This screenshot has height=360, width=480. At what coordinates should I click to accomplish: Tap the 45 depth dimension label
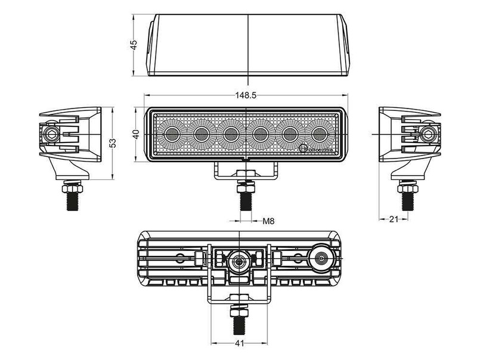pyautogui.click(x=134, y=44)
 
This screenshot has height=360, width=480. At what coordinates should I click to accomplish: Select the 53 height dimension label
pyautogui.click(x=113, y=142)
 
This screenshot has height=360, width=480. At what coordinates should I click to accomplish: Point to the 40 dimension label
pyautogui.click(x=137, y=134)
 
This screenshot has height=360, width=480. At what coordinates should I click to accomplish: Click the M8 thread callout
pyautogui.click(x=269, y=222)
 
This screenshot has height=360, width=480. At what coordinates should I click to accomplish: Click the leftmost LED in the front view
pyautogui.click(x=171, y=134)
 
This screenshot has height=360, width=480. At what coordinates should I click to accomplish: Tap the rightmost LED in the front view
pyautogui.click(x=320, y=134)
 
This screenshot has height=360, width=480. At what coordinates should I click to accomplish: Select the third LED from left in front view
pyautogui.click(x=231, y=134)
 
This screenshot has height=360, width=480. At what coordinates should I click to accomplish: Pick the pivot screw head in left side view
pyautogui.click(x=51, y=132)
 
